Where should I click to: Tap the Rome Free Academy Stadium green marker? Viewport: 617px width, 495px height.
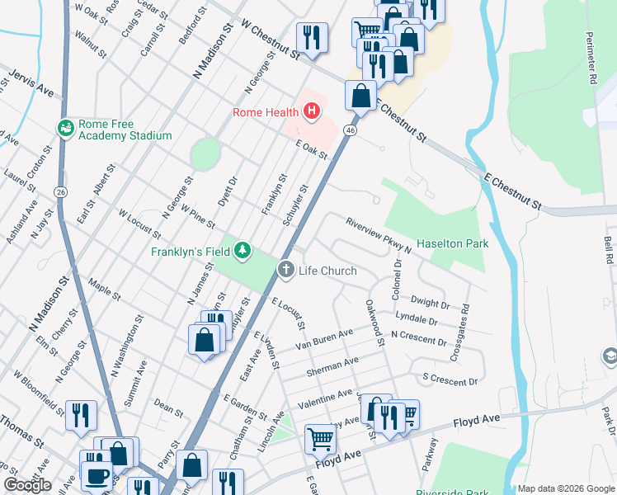click(x=65, y=128)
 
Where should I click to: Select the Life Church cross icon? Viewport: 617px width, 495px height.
click(x=286, y=269)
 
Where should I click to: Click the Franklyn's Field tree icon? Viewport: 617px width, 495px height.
click(x=242, y=250)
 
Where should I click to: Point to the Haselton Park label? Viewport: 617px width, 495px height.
click(x=453, y=243)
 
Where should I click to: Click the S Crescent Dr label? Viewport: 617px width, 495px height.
click(x=450, y=380)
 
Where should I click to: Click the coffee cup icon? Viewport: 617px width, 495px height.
click(x=98, y=478)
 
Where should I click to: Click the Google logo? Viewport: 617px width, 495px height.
click(x=27, y=485)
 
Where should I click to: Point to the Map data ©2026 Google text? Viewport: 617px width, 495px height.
click(x=565, y=488)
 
